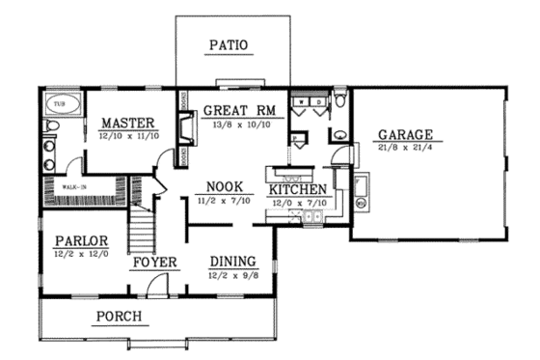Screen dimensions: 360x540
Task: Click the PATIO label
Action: coord(229,44)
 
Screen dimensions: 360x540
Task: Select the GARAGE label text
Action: coord(405,134)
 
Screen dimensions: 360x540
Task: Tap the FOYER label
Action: coord(154,262)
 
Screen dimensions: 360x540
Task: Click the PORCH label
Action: coord(120,316)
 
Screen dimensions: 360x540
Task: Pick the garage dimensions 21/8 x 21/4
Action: coord(405,149)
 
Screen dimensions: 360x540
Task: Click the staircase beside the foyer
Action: coord(143,228)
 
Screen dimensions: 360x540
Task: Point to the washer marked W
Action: coord(301,99)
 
